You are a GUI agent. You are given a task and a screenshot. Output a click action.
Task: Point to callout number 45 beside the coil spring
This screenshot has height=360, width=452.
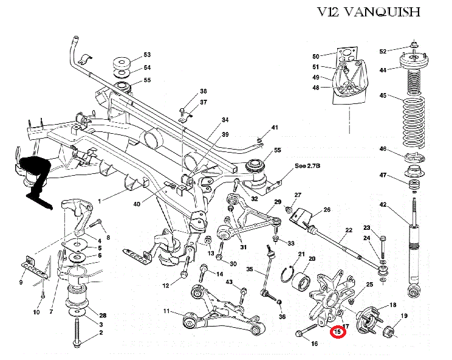[383, 95]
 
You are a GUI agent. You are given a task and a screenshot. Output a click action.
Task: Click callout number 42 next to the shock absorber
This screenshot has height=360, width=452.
[383, 205]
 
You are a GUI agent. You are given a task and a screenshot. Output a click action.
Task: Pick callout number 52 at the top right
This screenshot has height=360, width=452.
[383, 51]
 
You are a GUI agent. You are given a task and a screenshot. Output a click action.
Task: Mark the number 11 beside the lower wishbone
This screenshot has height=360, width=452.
[166, 312]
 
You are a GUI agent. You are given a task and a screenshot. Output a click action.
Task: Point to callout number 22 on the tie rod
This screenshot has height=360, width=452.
[349, 230]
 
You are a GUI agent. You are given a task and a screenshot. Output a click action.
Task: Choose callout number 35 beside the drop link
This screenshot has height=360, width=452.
[249, 269]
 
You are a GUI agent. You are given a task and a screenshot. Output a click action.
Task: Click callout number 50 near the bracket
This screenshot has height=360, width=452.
[316, 57]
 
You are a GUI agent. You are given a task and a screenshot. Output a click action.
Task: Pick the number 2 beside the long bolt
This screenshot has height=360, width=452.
[101, 333]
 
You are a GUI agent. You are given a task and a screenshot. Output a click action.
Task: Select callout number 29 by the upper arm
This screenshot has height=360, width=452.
[278, 202]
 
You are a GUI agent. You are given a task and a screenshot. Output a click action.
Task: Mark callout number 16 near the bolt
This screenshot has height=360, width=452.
[314, 344]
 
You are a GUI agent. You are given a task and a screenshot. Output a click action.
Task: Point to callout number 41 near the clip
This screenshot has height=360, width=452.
[275, 128]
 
